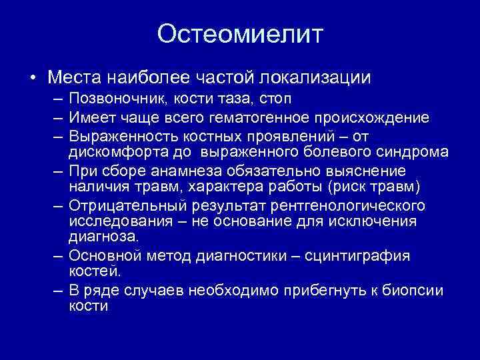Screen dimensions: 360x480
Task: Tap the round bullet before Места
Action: (33, 79)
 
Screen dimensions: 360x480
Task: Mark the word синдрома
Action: (414, 152)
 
